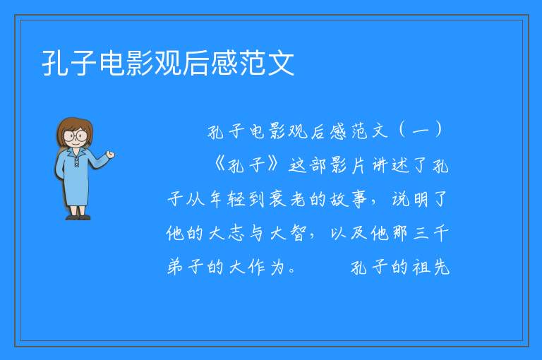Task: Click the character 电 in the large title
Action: [x=112, y=63]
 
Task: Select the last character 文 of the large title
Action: [x=281, y=63]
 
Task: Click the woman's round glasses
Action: [x=76, y=136]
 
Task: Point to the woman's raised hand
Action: [x=110, y=155]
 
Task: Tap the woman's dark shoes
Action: [x=78, y=217]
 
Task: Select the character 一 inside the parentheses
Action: [x=421, y=131]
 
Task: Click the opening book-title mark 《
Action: [x=220, y=164]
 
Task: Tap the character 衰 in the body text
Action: [x=277, y=199]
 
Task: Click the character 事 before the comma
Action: [x=359, y=199]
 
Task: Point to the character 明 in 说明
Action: [x=419, y=199]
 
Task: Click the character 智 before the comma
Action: [x=298, y=233]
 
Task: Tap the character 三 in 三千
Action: [x=421, y=233]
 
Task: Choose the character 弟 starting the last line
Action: [x=175, y=267]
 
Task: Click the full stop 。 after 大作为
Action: [x=292, y=271]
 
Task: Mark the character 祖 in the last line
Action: [x=421, y=267]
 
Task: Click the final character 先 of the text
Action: [x=441, y=267]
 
